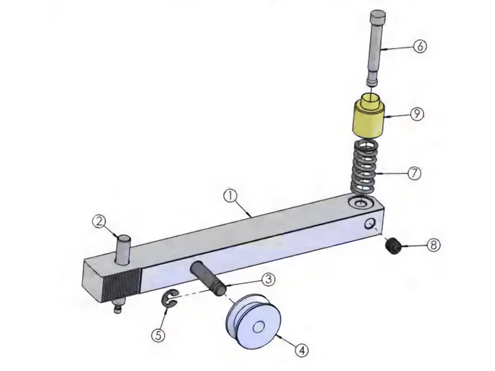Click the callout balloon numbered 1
[230, 196]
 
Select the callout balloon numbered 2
[100, 221]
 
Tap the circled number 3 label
[268, 279]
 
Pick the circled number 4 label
[301, 350]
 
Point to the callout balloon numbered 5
[158, 335]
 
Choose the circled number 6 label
[420, 46]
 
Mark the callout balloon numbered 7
[415, 173]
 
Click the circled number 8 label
[434, 245]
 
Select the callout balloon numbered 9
[417, 114]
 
